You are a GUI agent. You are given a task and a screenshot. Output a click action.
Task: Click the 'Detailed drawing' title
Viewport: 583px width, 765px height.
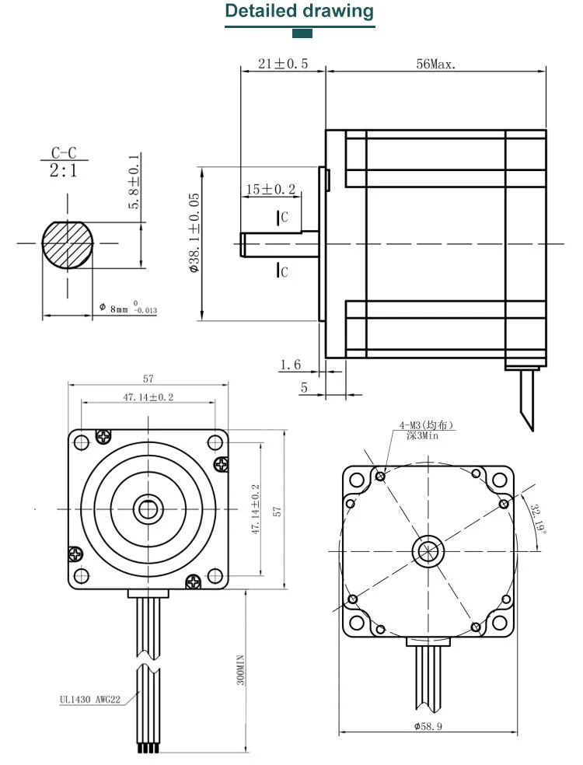[x=299, y=12]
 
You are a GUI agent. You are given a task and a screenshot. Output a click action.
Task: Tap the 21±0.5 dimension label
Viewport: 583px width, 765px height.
[x=283, y=64]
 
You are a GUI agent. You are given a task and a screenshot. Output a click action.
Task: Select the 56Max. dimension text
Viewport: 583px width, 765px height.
[x=436, y=64]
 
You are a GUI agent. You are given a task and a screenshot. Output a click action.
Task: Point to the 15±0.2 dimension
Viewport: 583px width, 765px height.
[x=271, y=189]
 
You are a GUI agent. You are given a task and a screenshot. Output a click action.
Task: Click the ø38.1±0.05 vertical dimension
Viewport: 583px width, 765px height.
[x=194, y=233]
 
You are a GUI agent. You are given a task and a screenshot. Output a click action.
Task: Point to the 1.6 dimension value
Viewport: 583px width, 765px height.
[x=290, y=364]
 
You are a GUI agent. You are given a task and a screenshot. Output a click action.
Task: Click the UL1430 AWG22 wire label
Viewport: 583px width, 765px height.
[x=90, y=698]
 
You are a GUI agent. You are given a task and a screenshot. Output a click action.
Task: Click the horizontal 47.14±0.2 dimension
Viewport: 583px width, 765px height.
[x=148, y=397]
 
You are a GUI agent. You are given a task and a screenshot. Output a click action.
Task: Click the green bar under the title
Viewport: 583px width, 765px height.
[x=302, y=33]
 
